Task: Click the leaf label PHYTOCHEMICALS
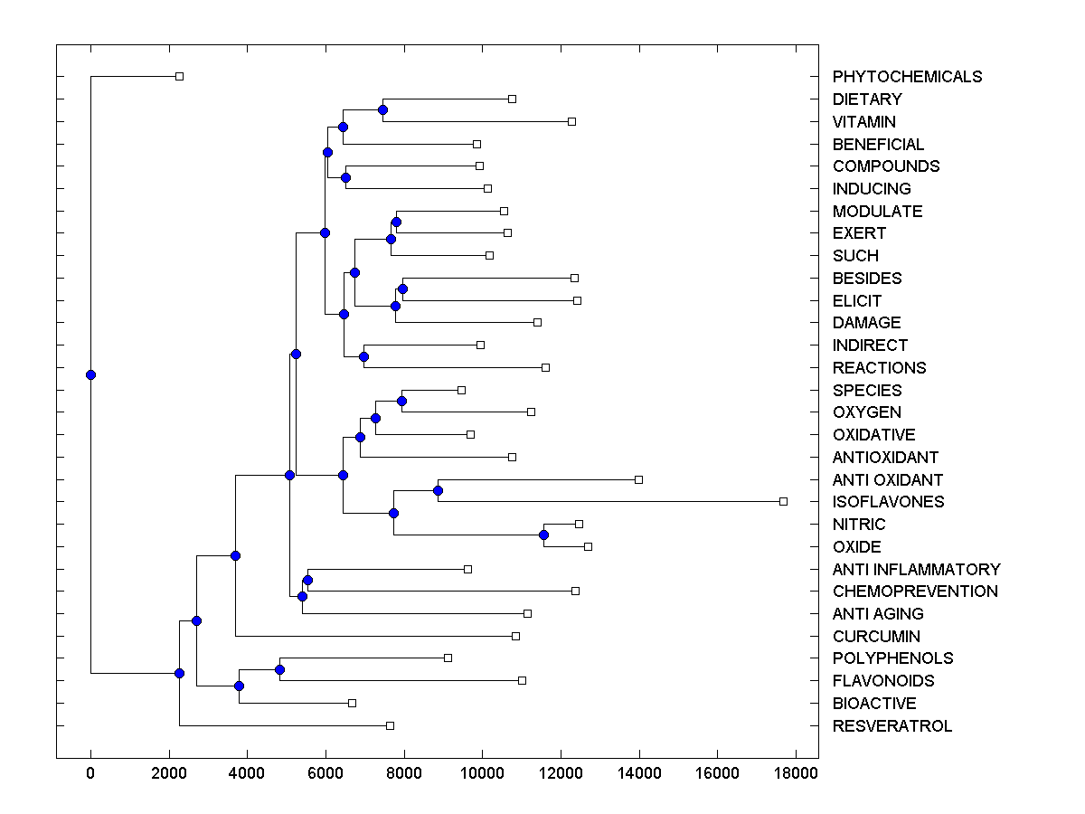907,77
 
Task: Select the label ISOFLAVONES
888,502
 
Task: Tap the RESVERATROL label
892,726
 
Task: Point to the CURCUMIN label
876,637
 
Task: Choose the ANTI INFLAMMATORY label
916,570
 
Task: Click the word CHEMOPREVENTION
915,592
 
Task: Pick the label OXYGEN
866,412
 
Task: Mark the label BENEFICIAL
878,145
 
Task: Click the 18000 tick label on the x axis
796,774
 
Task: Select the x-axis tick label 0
90,774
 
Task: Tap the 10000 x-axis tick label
482,774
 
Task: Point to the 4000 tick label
247,774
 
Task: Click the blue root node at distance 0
90,374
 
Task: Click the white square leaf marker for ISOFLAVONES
783,501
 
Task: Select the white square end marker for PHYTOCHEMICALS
179,76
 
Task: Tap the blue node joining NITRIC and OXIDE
543,535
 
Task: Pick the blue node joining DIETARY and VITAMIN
382,109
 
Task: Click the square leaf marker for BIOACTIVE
352,703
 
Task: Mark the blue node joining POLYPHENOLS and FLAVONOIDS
279,669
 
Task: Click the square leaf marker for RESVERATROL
390,725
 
